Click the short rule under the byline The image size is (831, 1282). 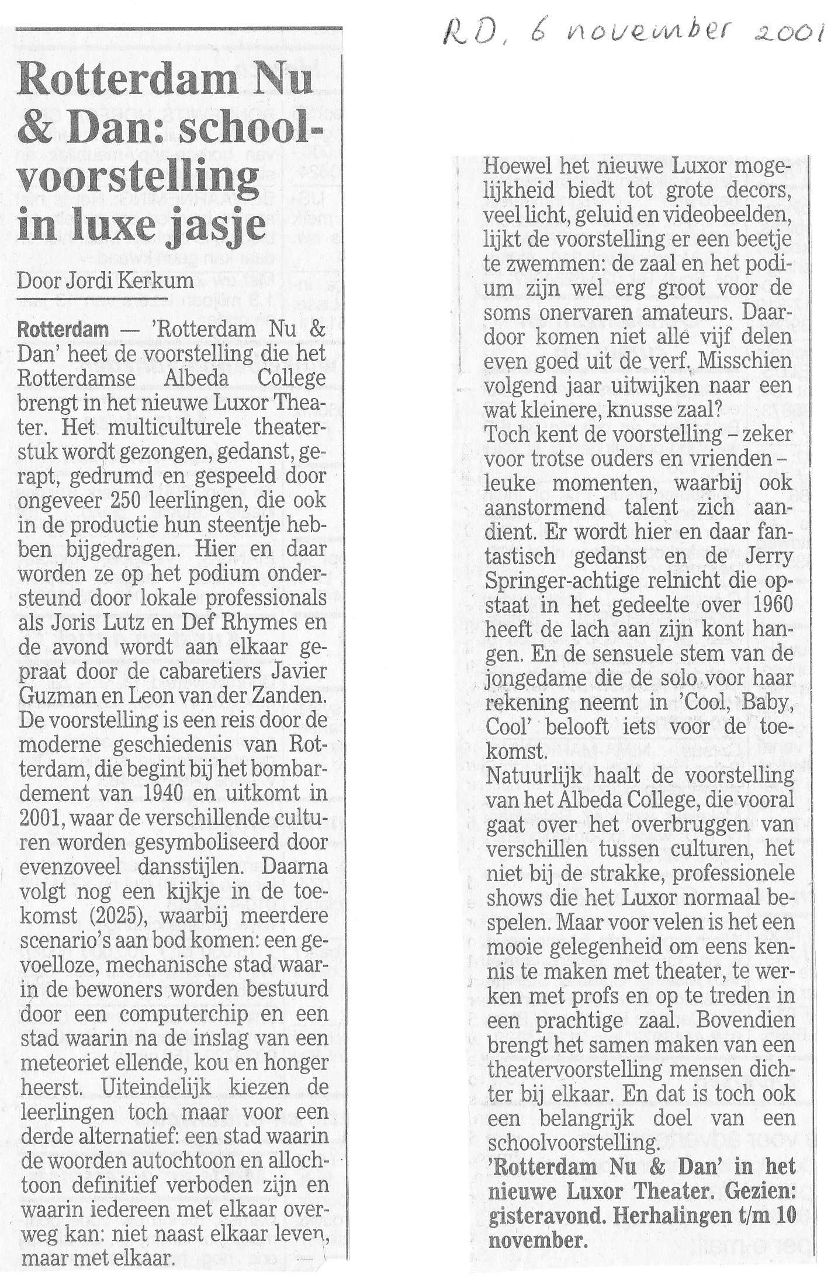[92, 300]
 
